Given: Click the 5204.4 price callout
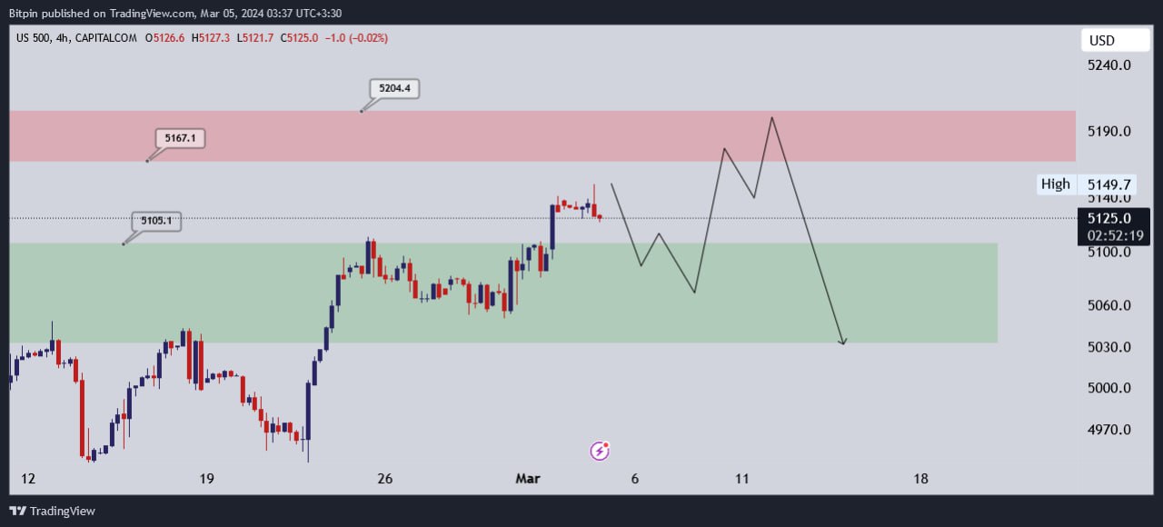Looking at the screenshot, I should pos(394,88).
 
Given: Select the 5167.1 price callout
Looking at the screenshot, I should pos(180,138).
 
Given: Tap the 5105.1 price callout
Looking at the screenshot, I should pos(155,220).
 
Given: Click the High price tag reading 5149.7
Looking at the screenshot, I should pos(1094,184).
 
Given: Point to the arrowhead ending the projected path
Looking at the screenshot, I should pos(843,342).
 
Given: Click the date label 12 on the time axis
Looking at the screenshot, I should pos(27,479).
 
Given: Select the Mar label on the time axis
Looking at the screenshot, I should pos(528,479).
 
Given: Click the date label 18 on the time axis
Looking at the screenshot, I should pos(920,479).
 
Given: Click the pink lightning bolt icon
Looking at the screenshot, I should pos(600,450).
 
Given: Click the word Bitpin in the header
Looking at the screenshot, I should pos(26,12).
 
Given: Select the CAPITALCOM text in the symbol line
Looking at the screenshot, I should pos(107,38).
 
